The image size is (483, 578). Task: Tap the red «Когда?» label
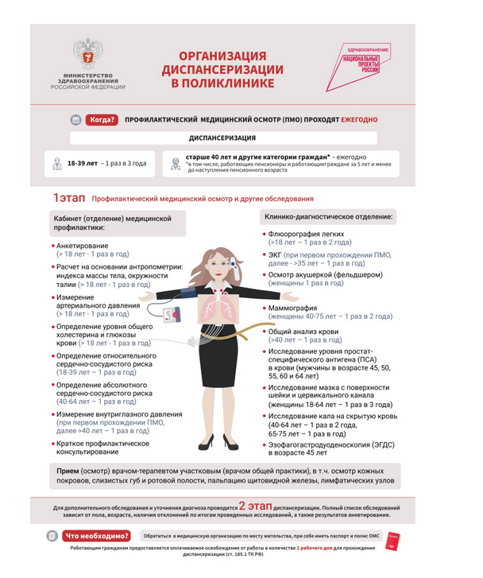pyautogui.click(x=102, y=120)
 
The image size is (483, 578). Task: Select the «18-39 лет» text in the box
pyautogui.click(x=82, y=163)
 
